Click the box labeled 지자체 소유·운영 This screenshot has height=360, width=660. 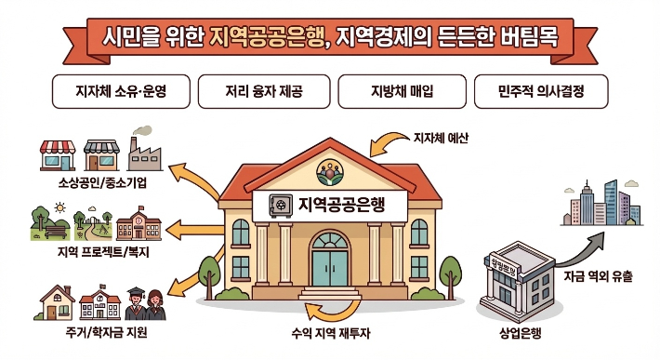pos(121,92)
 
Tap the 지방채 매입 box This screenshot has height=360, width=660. pos(399,92)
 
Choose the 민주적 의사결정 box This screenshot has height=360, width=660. pos(540,92)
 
